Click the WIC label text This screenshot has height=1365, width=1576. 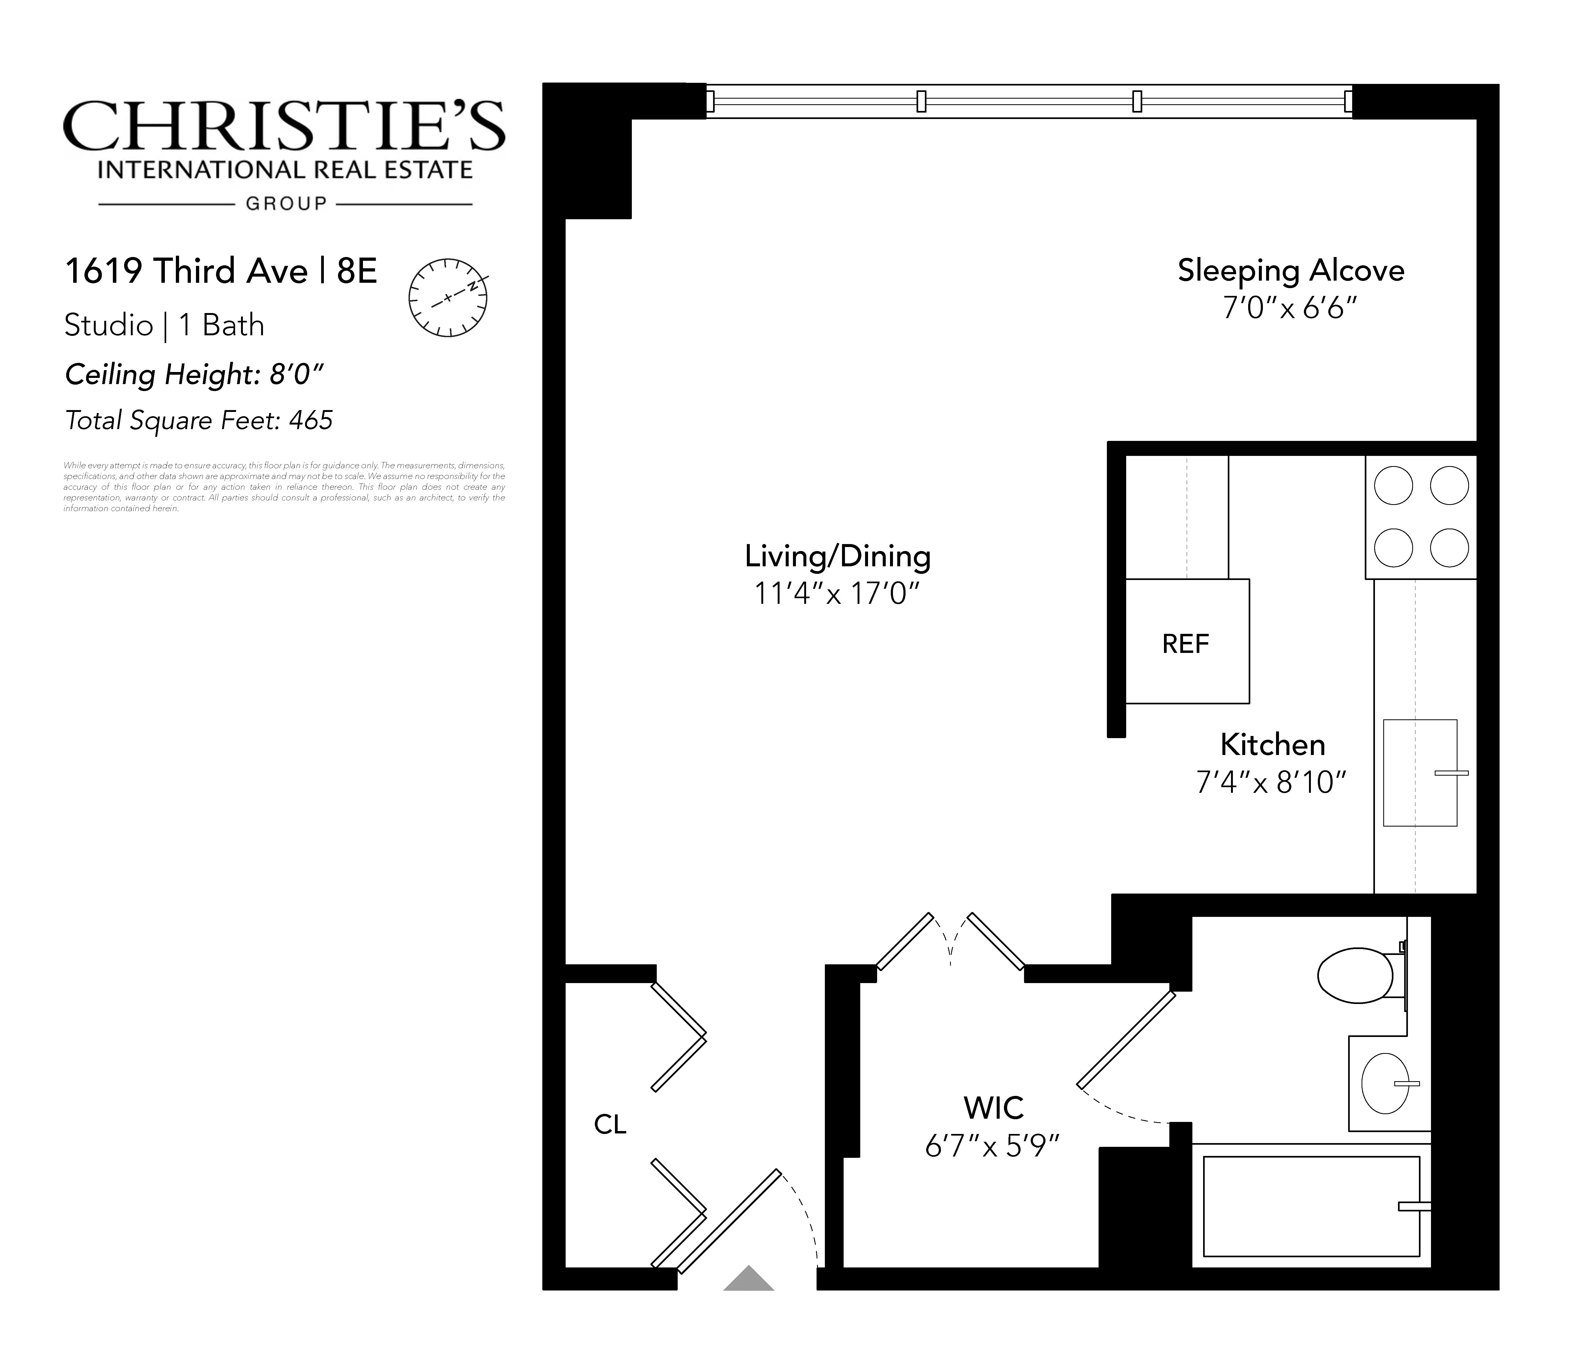pos(993,1108)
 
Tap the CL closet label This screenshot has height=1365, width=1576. pos(609,1124)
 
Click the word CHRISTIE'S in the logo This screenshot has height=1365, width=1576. pos(283,127)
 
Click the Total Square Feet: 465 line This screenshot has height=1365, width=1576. pos(199,421)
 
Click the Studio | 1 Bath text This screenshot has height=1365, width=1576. pos(164,325)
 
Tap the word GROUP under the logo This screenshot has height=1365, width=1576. pos(286,203)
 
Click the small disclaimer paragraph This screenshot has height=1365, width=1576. pos(283,487)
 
